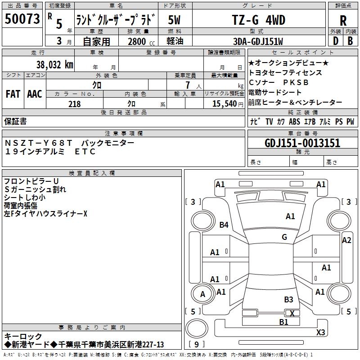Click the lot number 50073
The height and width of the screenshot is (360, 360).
[22, 19]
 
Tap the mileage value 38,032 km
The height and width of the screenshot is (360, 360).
[55, 65]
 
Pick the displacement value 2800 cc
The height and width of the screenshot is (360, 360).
[140, 41]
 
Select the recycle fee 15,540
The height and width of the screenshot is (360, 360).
[225, 104]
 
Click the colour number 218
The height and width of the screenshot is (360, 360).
[75, 104]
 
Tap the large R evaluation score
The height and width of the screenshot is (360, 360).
[343, 20]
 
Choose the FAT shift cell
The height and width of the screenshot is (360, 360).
[13, 94]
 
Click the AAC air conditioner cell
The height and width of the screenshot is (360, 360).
[35, 94]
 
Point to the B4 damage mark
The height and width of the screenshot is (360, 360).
[224, 225]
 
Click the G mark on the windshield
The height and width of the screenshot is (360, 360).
[284, 237]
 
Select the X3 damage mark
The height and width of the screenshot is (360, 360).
[320, 333]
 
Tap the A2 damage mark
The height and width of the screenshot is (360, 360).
[346, 240]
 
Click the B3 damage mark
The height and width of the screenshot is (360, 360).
[288, 300]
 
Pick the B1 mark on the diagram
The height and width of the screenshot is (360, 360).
[283, 322]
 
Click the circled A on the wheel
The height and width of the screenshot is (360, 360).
[202, 294]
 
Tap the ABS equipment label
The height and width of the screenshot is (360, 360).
[294, 121]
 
